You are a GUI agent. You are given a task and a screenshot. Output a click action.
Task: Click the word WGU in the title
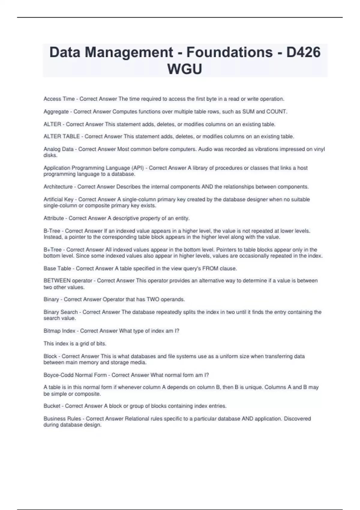point(184,69)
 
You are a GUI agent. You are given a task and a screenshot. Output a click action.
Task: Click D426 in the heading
point(303,52)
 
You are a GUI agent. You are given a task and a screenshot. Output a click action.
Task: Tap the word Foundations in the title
point(229,52)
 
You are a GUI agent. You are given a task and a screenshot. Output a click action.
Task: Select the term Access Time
point(59,99)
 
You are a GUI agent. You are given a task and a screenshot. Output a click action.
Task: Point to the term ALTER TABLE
point(61,136)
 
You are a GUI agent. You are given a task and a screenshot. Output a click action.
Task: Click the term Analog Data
point(58,149)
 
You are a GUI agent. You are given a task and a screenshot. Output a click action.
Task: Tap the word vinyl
point(319,149)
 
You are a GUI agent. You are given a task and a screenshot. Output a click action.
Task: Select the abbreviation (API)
point(138,168)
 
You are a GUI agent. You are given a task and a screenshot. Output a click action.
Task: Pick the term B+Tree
point(52,250)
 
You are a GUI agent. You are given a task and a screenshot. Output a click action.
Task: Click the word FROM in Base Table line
point(210,268)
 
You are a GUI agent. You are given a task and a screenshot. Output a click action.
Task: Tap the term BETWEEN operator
point(68,281)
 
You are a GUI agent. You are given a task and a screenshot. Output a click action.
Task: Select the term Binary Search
point(61,312)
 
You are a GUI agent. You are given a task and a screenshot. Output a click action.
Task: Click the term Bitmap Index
point(59,331)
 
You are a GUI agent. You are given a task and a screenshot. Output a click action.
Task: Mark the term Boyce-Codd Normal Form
point(75,375)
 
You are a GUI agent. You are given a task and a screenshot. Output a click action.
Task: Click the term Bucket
point(52,406)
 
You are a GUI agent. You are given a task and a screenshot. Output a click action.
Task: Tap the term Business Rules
point(62,418)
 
